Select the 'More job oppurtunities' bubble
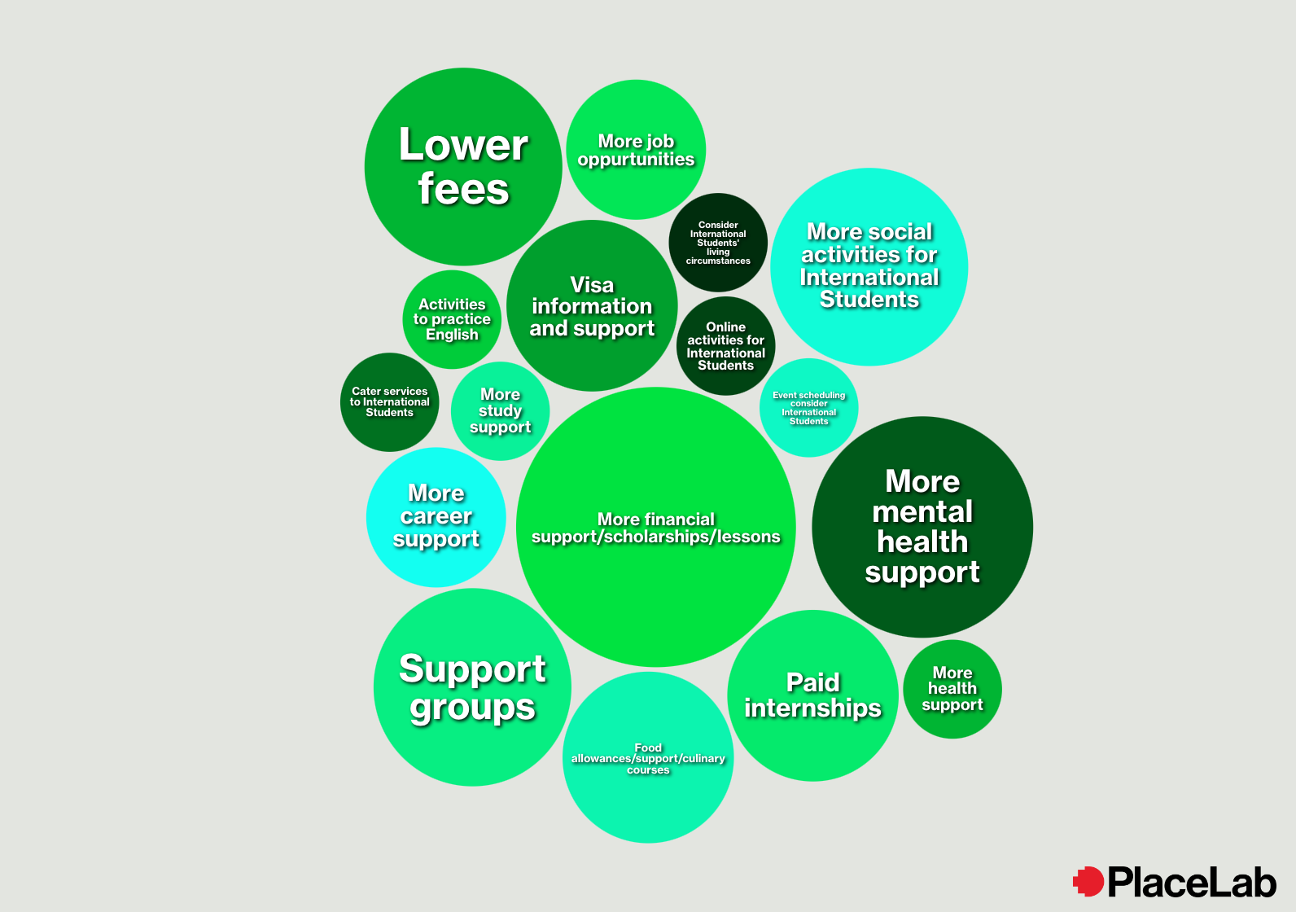point(636,150)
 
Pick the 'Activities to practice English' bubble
point(452,319)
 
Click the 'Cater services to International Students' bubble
point(389,402)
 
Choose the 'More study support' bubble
point(500,411)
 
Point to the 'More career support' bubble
point(436,517)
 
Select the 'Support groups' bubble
point(472,687)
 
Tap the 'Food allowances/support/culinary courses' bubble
point(648,758)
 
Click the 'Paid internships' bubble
point(812,695)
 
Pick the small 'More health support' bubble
point(952,689)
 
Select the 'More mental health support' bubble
point(922,527)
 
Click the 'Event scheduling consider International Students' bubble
point(808,408)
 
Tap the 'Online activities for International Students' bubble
point(725,346)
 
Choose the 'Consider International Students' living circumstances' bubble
point(718,243)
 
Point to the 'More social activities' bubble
point(869,266)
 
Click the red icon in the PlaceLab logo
point(1088,881)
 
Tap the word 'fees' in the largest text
point(463,189)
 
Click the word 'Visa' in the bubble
point(592,285)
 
